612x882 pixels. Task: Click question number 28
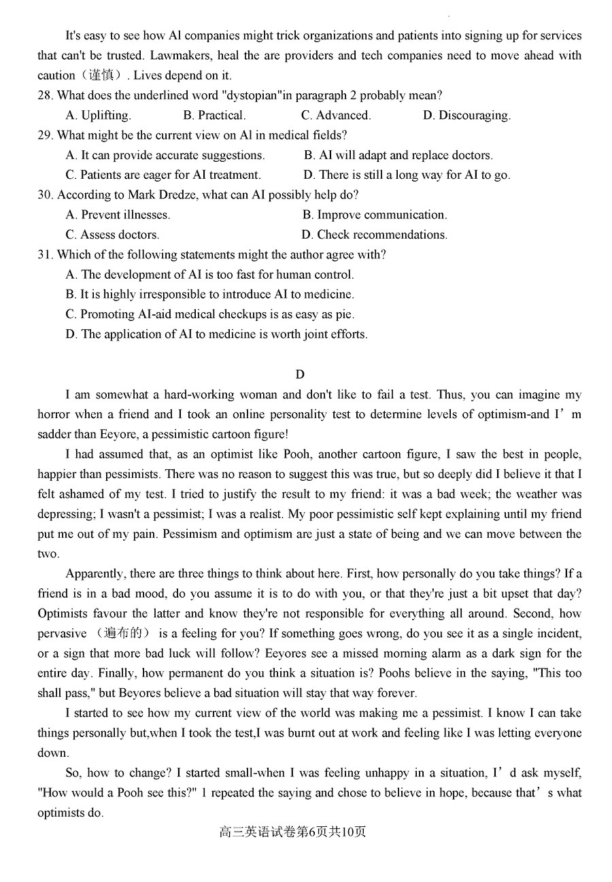pos(45,96)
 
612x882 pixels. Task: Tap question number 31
pos(45,255)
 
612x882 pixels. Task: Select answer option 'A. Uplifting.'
pos(98,116)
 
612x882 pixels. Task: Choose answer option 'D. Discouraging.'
pos(466,116)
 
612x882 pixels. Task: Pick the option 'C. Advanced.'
pos(336,116)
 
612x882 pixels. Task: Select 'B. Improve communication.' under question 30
pos(375,215)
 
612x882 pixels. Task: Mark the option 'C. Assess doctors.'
pos(112,235)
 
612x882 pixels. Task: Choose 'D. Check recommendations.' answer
pos(375,235)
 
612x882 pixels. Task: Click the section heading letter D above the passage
pos(300,375)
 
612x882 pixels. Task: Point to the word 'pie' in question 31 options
pos(344,314)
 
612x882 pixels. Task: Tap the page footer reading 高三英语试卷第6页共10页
pos(292,832)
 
